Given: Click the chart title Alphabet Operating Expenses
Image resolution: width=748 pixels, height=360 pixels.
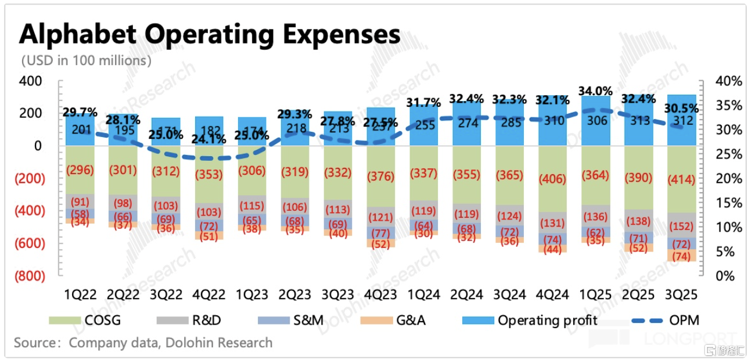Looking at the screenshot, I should (210, 34).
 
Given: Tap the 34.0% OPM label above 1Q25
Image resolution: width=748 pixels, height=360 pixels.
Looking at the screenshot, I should (596, 91).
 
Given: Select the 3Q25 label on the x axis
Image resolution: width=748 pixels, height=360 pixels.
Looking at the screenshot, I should (682, 294).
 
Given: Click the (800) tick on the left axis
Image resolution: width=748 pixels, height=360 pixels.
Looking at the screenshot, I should (28, 276).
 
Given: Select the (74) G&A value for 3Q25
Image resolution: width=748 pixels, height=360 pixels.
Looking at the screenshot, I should (682, 256).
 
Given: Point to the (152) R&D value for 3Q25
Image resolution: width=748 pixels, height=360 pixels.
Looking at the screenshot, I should (682, 226).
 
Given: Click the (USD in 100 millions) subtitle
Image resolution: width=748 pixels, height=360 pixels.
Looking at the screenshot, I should (87, 60).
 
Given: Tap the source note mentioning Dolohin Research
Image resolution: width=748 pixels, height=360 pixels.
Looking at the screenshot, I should (143, 342).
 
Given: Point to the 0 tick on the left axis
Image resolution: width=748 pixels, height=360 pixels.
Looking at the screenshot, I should (38, 146).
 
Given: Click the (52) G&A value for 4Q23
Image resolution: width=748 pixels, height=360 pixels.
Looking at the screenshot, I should (380, 244).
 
